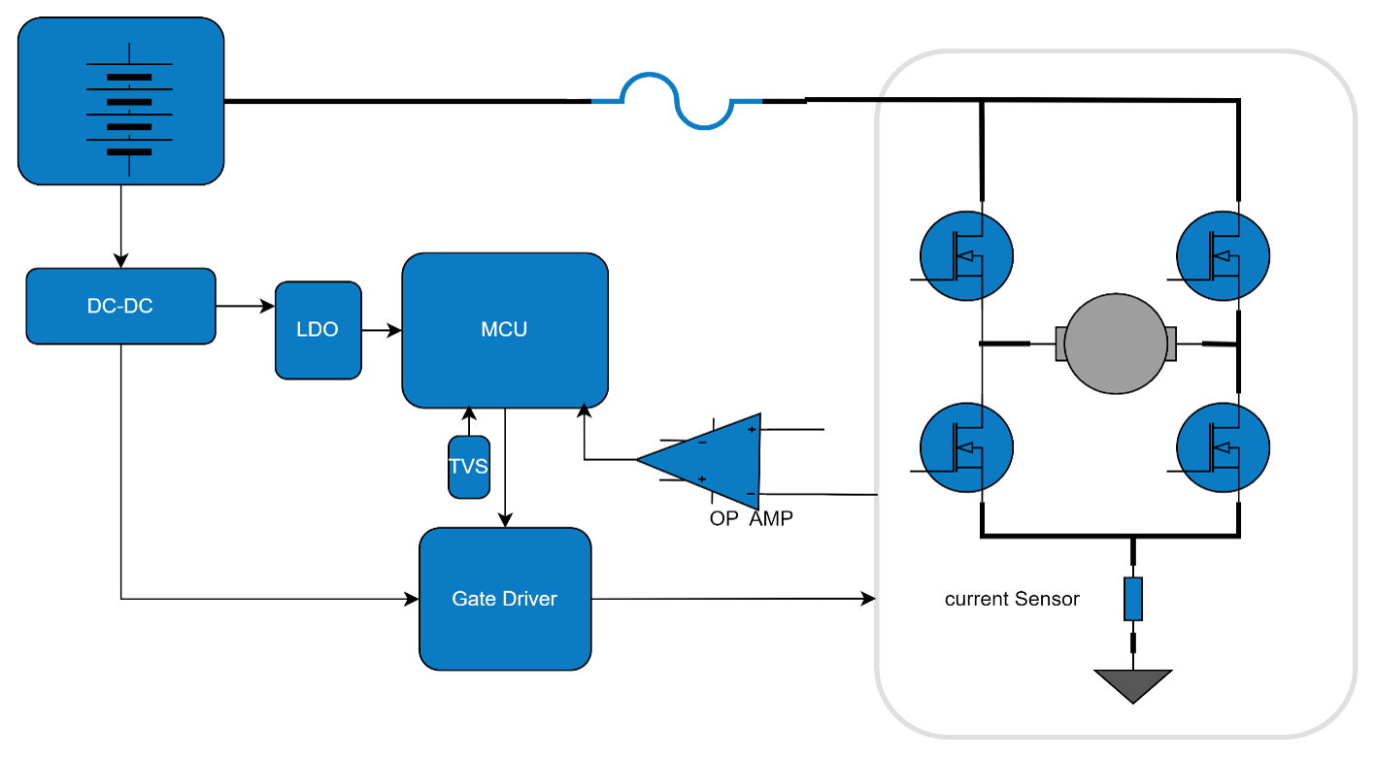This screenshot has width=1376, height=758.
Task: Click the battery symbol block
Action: click(x=121, y=101)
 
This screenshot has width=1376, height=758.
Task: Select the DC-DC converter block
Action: click(x=120, y=306)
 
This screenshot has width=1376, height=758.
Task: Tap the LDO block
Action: click(x=318, y=330)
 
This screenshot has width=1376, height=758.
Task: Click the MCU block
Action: click(x=505, y=330)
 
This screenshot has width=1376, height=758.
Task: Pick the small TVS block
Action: click(x=469, y=467)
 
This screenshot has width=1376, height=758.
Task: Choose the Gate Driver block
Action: click(x=505, y=599)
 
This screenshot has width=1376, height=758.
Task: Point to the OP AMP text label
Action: click(x=751, y=518)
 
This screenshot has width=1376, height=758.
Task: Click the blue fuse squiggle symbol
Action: click(x=677, y=101)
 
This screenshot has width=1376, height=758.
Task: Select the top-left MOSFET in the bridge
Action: click(x=966, y=256)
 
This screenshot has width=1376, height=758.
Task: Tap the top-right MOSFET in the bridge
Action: click(x=1223, y=256)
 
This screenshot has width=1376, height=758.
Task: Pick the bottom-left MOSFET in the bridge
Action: click(x=966, y=447)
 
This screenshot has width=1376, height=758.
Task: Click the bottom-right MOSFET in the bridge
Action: click(x=1223, y=447)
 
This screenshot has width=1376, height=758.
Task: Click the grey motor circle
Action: click(x=1115, y=344)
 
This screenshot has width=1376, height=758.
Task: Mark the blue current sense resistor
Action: click(x=1133, y=599)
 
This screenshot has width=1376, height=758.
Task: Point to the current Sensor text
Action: click(x=1012, y=599)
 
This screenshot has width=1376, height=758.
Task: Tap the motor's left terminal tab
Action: click(x=1060, y=344)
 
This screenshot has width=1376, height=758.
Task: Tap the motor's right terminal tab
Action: click(x=1170, y=344)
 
